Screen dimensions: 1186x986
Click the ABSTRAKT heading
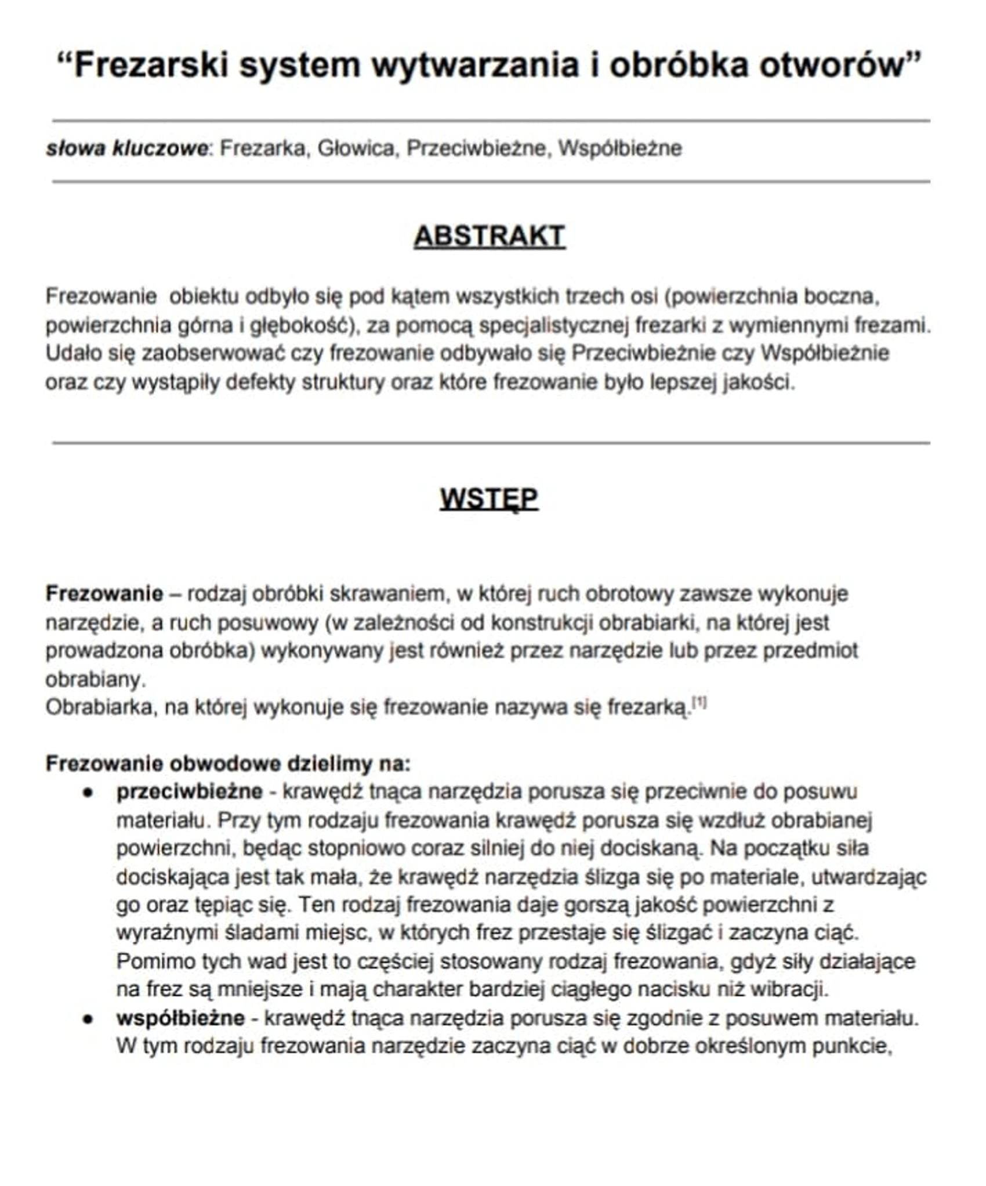pyautogui.click(x=489, y=236)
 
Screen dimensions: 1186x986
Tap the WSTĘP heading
pyautogui.click(x=489, y=498)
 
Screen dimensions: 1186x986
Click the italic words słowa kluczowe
pyautogui.click(x=126, y=149)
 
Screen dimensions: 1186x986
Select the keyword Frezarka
pyautogui.click(x=262, y=149)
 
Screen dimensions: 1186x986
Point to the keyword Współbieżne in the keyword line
pyautogui.click(x=619, y=149)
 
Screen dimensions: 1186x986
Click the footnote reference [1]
pyautogui.click(x=700, y=703)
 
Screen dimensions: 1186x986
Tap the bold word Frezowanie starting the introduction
pyautogui.click(x=104, y=594)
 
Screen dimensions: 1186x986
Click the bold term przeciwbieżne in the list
pyautogui.click(x=189, y=791)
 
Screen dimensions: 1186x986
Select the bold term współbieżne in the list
pyautogui.click(x=180, y=1018)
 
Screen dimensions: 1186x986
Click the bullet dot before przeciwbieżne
pyautogui.click(x=88, y=793)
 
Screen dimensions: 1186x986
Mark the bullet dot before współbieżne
pyautogui.click(x=88, y=1019)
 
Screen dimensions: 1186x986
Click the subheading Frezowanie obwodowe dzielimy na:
pyautogui.click(x=228, y=764)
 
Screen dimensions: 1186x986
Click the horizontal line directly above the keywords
pyautogui.click(x=491, y=121)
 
